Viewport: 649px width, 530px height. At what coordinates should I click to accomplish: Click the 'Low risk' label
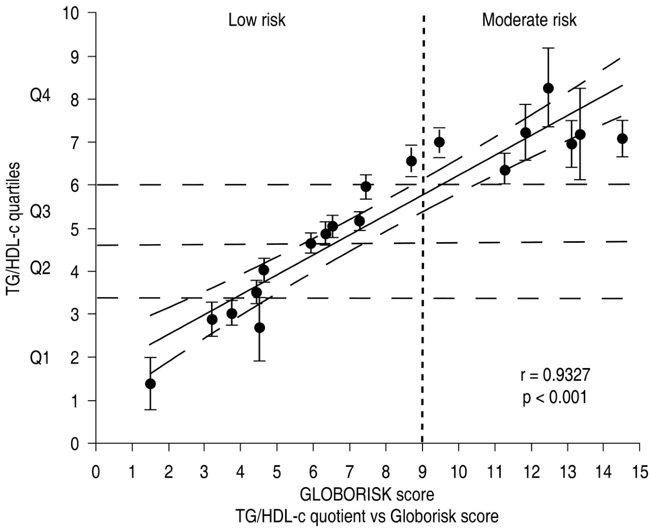257,20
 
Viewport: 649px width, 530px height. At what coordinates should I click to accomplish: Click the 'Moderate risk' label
529,20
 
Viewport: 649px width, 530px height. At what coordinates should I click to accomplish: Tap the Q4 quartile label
40,97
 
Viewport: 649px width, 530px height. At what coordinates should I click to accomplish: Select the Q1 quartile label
40,358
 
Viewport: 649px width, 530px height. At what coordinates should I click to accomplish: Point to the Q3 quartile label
40,211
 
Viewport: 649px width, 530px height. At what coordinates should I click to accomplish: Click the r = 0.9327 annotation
555,375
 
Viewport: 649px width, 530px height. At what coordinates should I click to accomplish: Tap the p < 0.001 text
555,397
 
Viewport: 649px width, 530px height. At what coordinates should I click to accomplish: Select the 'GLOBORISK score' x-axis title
367,494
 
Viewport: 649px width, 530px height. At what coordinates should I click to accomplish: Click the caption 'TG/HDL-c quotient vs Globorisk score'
367,516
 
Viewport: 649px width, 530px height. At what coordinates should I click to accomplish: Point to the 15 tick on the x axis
639,473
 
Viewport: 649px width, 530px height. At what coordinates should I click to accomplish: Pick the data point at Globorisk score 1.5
150,384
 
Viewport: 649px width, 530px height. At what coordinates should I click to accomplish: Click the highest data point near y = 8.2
548,89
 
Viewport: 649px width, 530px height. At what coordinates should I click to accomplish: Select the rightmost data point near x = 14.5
622,138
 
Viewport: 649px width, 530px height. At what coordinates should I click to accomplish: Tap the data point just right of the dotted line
439,142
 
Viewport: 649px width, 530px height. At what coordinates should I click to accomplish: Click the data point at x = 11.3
505,170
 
